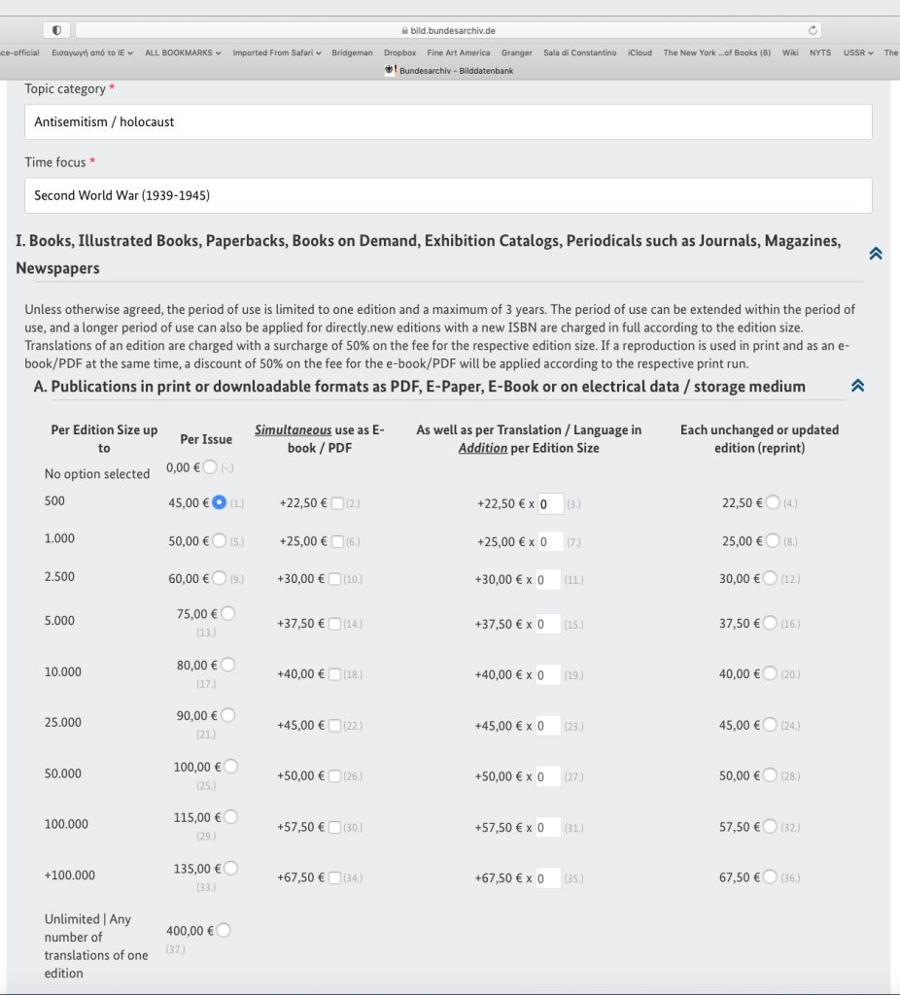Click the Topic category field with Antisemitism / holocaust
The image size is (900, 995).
pyautogui.click(x=448, y=122)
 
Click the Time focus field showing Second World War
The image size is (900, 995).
pyautogui.click(x=448, y=195)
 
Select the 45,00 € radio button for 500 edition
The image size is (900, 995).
pyautogui.click(x=220, y=503)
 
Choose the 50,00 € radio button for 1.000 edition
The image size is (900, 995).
pyautogui.click(x=220, y=540)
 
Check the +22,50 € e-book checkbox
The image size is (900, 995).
pyautogui.click(x=336, y=503)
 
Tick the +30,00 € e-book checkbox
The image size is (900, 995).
pyautogui.click(x=336, y=579)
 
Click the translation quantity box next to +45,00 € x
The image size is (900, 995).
pyautogui.click(x=548, y=726)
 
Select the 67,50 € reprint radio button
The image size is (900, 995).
pyautogui.click(x=772, y=877)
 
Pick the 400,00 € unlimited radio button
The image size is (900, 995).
pyautogui.click(x=224, y=930)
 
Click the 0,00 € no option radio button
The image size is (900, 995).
pyautogui.click(x=212, y=467)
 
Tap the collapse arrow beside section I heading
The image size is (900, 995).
pyautogui.click(x=875, y=254)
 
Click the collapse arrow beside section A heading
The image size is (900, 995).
pyautogui.click(x=857, y=386)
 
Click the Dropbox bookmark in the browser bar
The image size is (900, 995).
pyautogui.click(x=399, y=52)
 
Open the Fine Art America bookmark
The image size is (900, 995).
pyautogui.click(x=459, y=52)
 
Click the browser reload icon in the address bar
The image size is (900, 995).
pyautogui.click(x=813, y=30)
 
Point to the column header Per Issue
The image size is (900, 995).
pyautogui.click(x=206, y=439)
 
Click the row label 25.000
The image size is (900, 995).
pyautogui.click(x=63, y=722)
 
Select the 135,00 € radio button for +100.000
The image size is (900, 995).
pyautogui.click(x=230, y=868)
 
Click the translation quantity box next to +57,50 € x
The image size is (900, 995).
pyautogui.click(x=548, y=828)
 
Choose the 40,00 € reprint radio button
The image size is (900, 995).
pyautogui.click(x=772, y=674)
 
